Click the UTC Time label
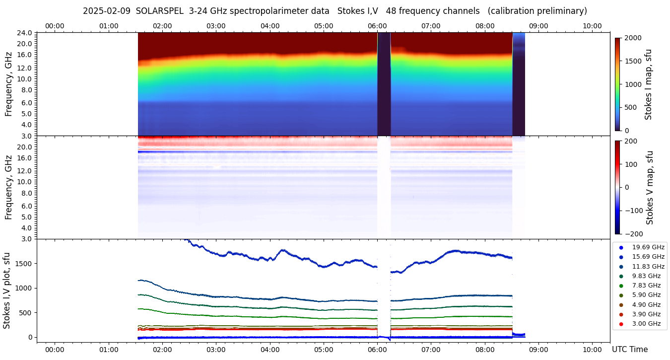629,350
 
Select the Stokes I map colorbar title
648,84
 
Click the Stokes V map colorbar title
650,187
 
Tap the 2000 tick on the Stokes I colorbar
633,38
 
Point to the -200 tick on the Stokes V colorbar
634,234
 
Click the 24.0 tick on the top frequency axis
25,33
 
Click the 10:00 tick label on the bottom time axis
592,350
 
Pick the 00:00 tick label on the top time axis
55,26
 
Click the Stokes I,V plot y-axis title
7,290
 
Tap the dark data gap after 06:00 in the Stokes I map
384,84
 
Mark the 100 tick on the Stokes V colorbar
631,164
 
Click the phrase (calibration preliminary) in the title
538,11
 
